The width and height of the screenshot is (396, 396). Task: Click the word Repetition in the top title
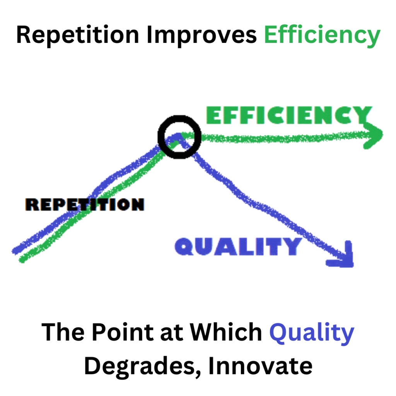pyautogui.click(x=77, y=35)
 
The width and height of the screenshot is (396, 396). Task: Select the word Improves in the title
pyautogui.click(x=201, y=35)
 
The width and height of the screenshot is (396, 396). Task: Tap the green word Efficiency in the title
pyautogui.click(x=322, y=36)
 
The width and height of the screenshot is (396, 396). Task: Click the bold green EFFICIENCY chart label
pyautogui.click(x=289, y=115)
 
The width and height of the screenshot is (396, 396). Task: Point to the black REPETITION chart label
pyautogui.click(x=85, y=204)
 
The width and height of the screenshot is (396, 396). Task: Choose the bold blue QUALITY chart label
pyautogui.click(x=238, y=246)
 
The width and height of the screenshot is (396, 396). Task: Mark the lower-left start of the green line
pyautogui.click(x=22, y=260)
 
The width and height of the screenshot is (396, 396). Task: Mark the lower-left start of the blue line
pyautogui.click(x=15, y=251)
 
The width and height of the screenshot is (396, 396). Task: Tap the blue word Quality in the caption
pyautogui.click(x=312, y=334)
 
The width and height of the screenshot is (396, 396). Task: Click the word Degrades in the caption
pyautogui.click(x=140, y=367)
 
